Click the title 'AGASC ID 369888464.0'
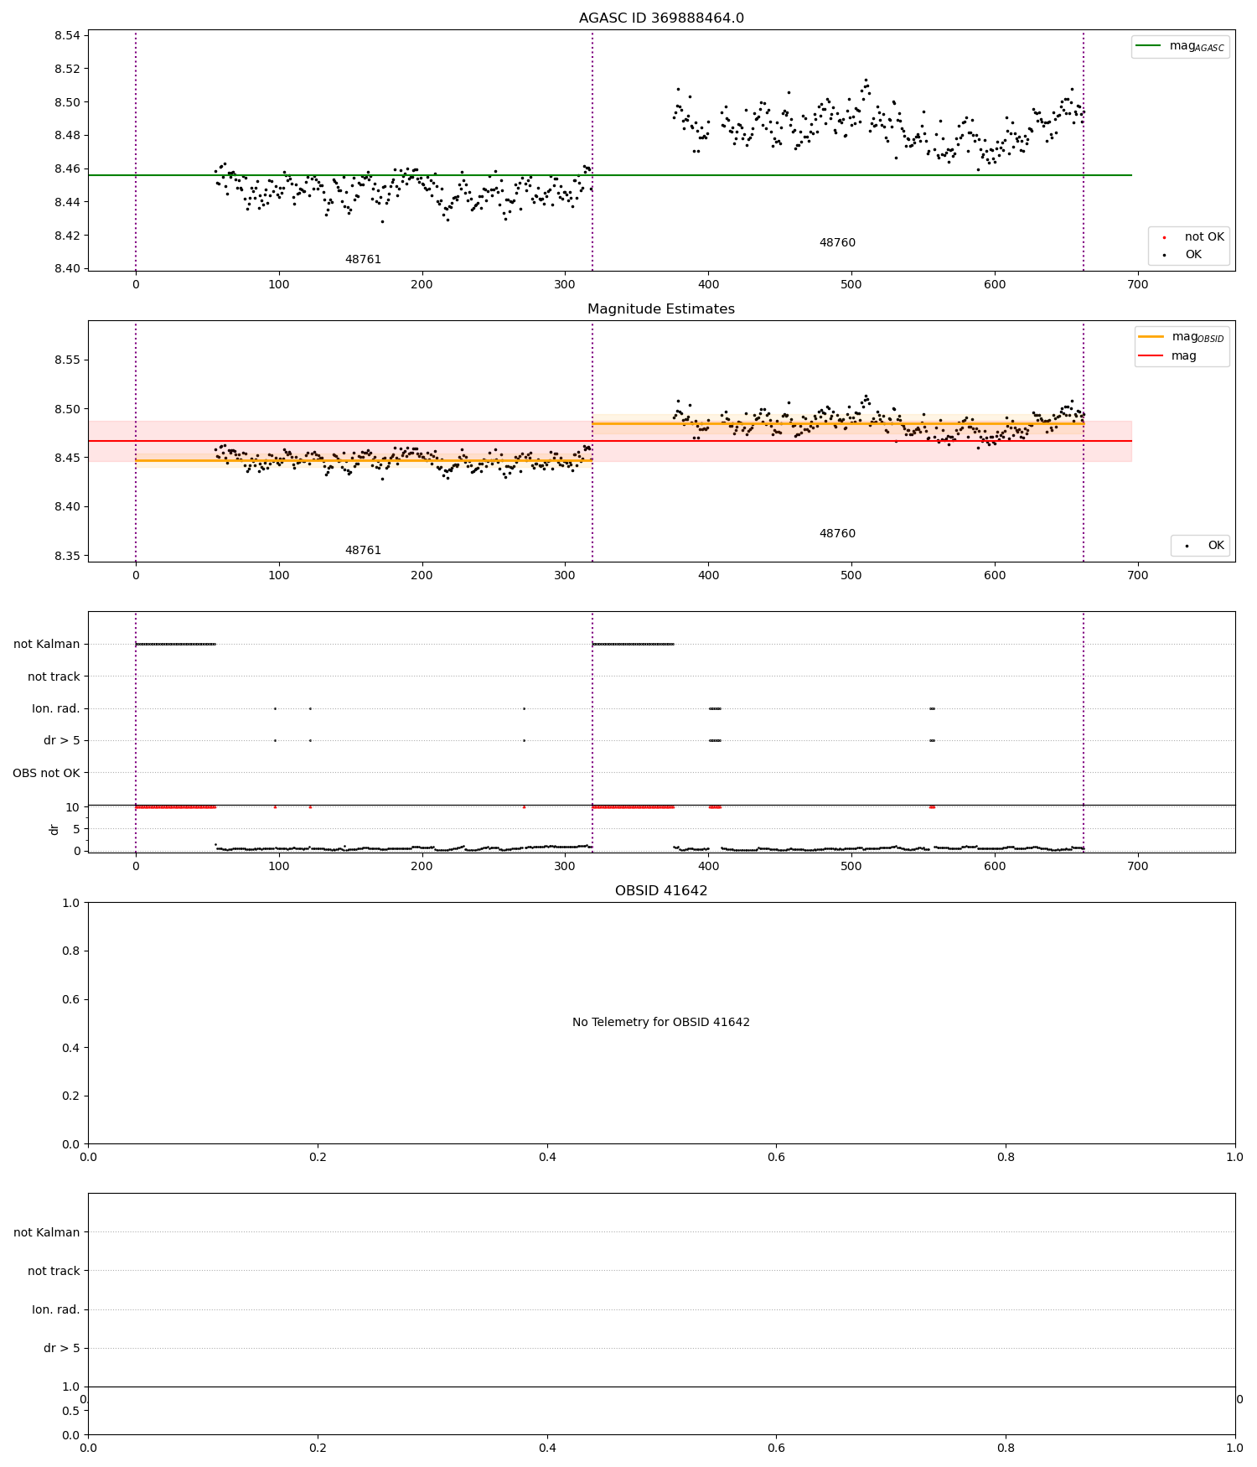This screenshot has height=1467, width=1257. (x=661, y=18)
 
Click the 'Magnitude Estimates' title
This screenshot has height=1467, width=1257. (x=661, y=309)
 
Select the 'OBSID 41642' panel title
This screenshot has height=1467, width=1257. (x=661, y=891)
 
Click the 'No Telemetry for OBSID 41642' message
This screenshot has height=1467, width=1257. (x=661, y=1023)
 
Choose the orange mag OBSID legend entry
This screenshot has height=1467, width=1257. (x=1182, y=337)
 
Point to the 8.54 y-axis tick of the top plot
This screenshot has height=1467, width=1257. (x=67, y=35)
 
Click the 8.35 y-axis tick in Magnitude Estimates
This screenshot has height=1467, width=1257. (x=67, y=556)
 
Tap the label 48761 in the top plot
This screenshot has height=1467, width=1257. (x=363, y=260)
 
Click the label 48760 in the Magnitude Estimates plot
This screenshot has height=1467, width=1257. (x=837, y=534)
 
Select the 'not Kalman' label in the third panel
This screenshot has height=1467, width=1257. (x=47, y=645)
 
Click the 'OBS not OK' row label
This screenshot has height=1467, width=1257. (x=47, y=773)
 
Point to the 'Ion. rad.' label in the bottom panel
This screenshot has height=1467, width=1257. (x=56, y=1309)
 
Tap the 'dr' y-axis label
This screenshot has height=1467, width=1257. (x=54, y=829)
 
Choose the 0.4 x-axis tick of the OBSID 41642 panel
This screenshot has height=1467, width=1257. (x=547, y=1157)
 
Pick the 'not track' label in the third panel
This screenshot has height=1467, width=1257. (x=54, y=676)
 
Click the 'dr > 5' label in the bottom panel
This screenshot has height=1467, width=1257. (x=62, y=1348)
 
